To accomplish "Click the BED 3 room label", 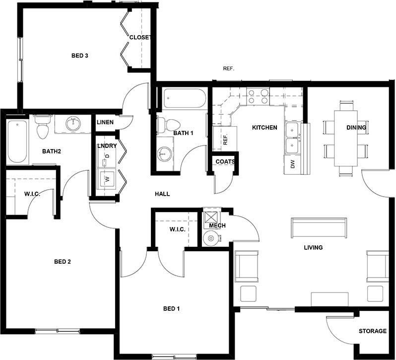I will pos(79,56).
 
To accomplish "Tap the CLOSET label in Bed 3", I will pos(139,37).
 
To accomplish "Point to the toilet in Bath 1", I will pos(169,125).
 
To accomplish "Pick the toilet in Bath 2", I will pos(42,127).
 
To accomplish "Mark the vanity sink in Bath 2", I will pos(73,123).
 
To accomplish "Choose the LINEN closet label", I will pos(105,122).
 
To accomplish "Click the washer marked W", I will pos(105,178).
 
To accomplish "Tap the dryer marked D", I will pos(105,158).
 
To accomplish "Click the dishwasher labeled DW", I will pos(292,163).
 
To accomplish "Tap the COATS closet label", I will pos(225,161).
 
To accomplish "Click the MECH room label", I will pos(217,225).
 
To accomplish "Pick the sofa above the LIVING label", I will pos(318,228).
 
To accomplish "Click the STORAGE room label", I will pos(372,331).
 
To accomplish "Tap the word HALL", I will pos(162,194).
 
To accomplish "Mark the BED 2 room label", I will pos(63,262).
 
